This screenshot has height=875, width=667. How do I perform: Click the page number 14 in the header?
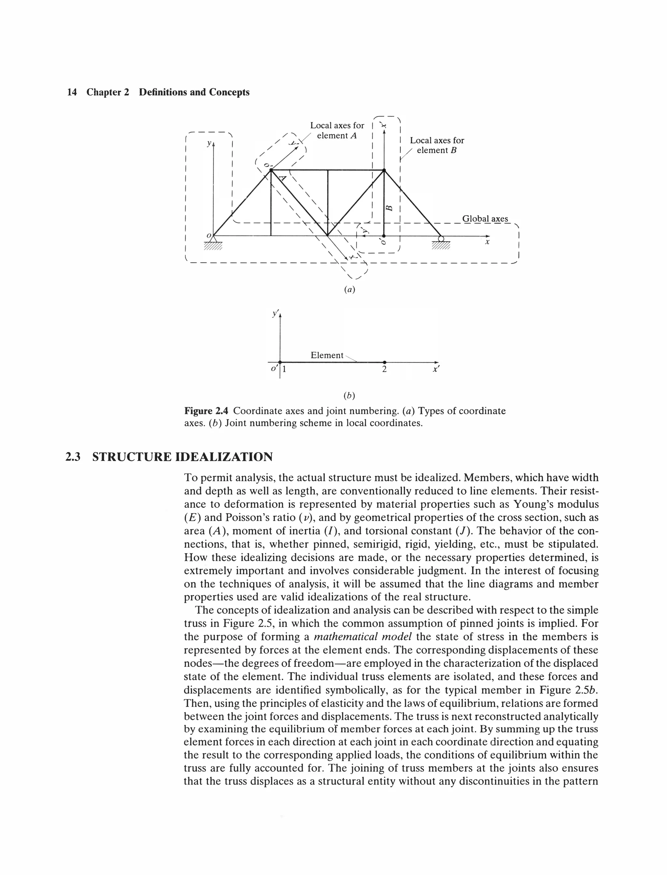point(72,93)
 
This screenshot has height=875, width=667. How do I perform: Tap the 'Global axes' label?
point(485,219)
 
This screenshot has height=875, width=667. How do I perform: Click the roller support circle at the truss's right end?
point(441,238)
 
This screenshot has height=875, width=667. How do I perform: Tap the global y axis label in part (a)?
point(208,143)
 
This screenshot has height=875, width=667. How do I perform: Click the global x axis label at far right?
point(487,241)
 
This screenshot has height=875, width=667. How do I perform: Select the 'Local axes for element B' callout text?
point(437,145)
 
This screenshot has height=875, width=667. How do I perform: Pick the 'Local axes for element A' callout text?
point(337,130)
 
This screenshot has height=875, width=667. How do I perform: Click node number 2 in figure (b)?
point(384,369)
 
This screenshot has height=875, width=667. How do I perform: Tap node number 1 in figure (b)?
point(284,369)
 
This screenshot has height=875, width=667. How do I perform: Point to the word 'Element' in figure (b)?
point(327,355)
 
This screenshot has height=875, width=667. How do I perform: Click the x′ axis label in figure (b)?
point(436,369)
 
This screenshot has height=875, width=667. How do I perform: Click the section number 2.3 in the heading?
point(73,457)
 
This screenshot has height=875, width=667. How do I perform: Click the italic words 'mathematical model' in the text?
point(362,637)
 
